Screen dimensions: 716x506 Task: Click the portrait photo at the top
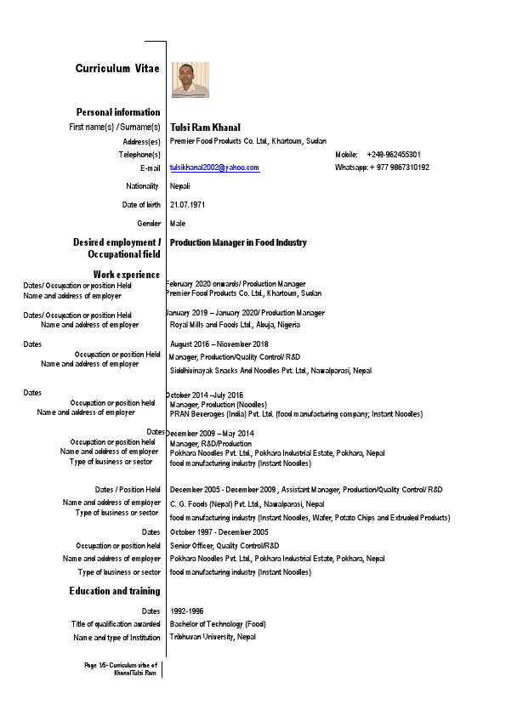[x=190, y=79]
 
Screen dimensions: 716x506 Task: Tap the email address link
[x=214, y=168]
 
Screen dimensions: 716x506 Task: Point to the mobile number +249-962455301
[x=394, y=155]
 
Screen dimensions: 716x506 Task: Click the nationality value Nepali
[x=180, y=186]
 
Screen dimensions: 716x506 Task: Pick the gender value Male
[x=178, y=224]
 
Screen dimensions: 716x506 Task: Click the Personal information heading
[x=118, y=112]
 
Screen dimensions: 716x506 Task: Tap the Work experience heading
[x=127, y=274]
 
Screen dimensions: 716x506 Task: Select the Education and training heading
[x=115, y=591]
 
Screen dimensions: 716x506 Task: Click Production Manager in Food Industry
[x=238, y=243]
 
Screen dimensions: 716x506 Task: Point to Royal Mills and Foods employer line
[x=235, y=325]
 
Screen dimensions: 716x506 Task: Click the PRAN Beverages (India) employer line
[x=296, y=414]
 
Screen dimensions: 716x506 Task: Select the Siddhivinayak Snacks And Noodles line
[x=270, y=371]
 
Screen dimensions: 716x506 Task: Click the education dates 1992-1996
[x=187, y=611]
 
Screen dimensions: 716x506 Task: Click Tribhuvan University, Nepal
[x=213, y=637]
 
